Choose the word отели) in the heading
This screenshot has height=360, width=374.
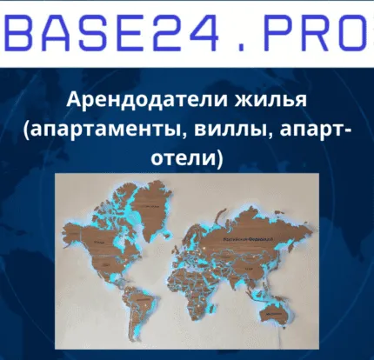coord(187,159)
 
